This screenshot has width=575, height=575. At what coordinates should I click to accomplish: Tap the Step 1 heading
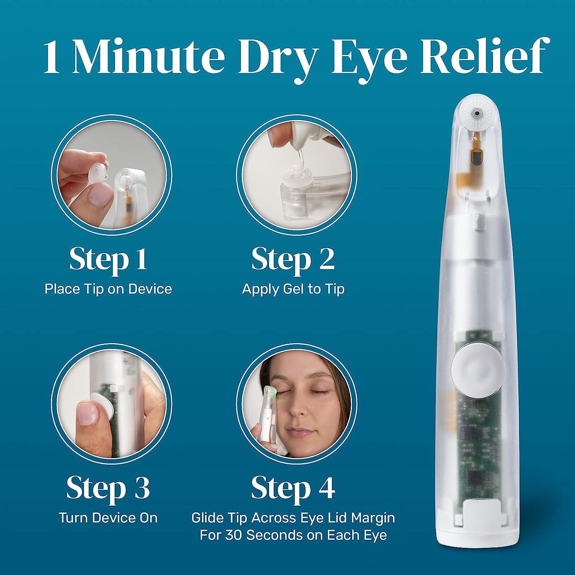point(108,260)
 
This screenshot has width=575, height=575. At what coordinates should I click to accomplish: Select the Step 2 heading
point(293,260)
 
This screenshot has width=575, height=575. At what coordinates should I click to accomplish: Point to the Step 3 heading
point(108,488)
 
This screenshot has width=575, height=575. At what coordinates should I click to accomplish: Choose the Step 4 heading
point(293,488)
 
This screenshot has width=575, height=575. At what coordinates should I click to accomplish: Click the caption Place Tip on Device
point(108,289)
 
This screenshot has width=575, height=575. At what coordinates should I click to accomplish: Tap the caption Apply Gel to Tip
point(293,289)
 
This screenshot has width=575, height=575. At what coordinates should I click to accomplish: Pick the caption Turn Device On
point(108,518)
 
